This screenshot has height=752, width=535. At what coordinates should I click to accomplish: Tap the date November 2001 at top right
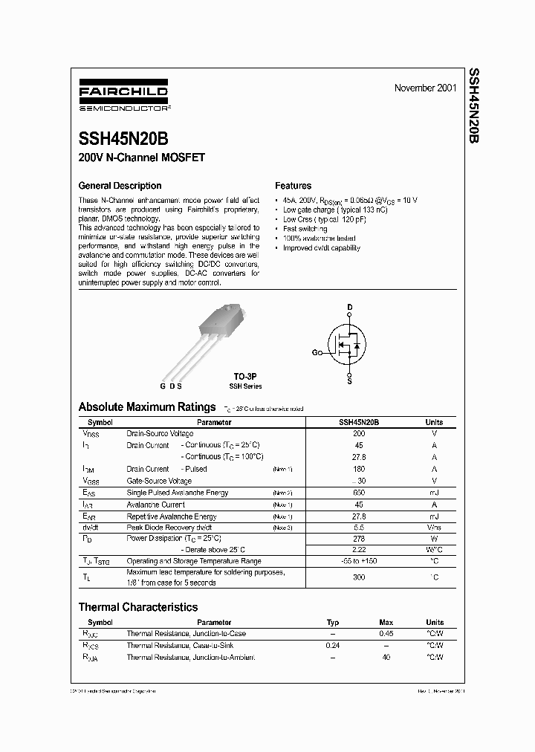[x=425, y=88]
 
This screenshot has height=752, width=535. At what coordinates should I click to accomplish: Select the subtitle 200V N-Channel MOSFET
[x=141, y=158]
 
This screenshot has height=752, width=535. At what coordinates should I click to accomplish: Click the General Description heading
[x=120, y=186]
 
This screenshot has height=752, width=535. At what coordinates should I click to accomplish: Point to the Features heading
[x=294, y=186]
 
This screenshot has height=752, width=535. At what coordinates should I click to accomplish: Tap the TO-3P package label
[x=244, y=377]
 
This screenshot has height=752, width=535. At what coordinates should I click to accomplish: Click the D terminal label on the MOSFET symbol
[x=350, y=307]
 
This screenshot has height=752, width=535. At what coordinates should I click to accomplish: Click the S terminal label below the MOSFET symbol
[x=350, y=381]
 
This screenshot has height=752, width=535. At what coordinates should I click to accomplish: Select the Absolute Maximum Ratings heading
[x=147, y=407]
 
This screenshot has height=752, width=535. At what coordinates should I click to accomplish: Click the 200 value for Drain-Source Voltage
[x=359, y=433]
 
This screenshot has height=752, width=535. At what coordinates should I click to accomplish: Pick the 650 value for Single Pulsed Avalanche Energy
[x=359, y=493]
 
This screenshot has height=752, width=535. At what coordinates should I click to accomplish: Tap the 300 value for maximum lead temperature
[x=359, y=577]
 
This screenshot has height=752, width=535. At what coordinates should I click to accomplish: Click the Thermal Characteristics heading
[x=138, y=607]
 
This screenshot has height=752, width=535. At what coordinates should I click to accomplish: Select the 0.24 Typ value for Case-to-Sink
[x=333, y=646]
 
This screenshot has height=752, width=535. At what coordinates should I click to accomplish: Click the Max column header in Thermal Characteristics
[x=386, y=623]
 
